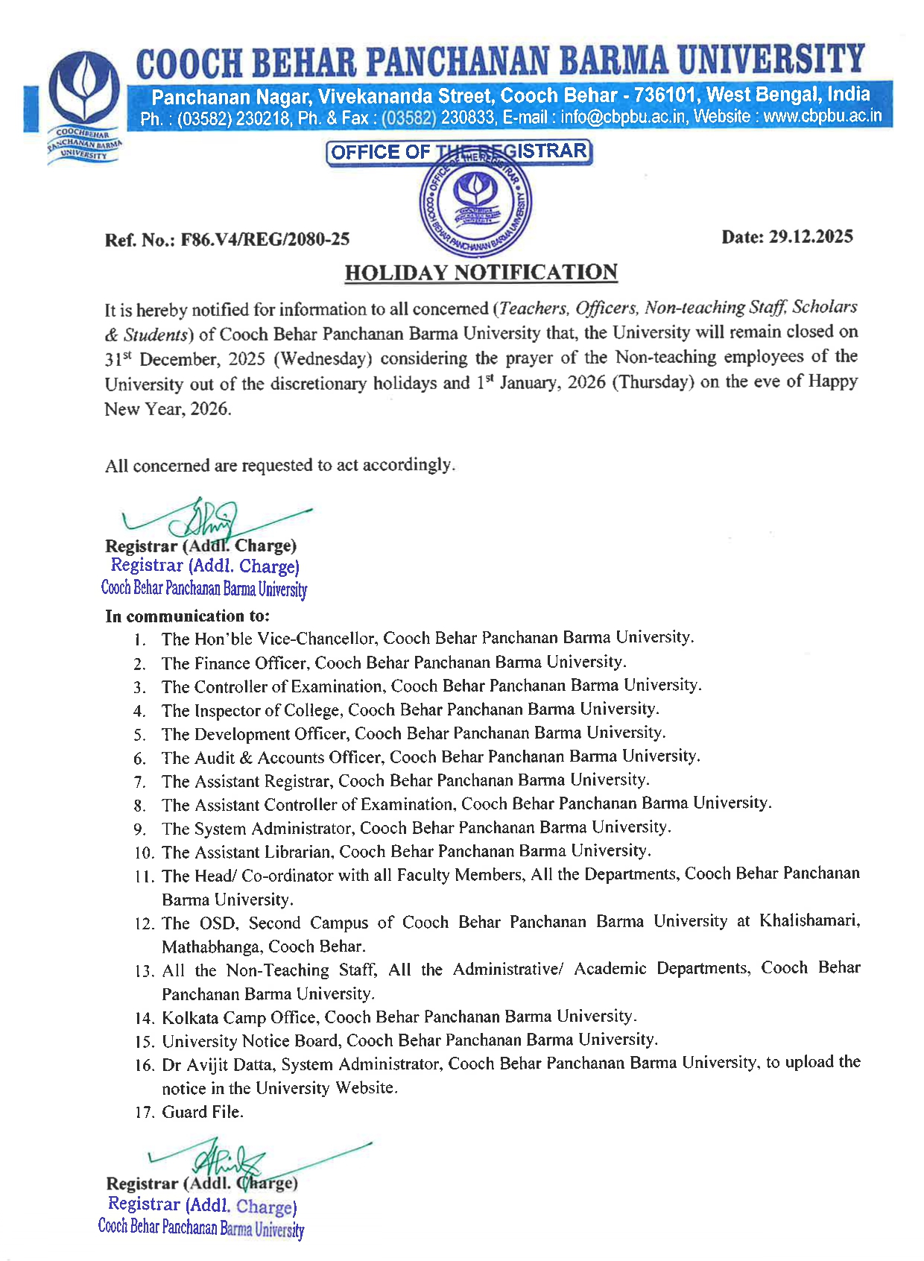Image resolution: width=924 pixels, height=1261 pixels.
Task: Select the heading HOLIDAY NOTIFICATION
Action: click(x=481, y=273)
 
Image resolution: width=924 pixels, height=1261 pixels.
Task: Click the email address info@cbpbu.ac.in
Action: click(x=623, y=117)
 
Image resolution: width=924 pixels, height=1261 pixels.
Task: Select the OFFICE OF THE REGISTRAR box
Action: click(x=459, y=152)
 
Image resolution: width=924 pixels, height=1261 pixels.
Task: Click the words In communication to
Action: click(x=187, y=616)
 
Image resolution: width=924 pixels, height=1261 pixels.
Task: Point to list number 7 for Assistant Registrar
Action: click(x=139, y=782)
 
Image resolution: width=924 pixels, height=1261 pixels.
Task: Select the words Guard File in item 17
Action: click(x=203, y=1112)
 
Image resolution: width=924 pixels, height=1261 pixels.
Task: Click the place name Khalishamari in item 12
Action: click(x=808, y=921)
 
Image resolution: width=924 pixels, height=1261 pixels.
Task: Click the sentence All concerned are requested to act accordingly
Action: click(x=279, y=466)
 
